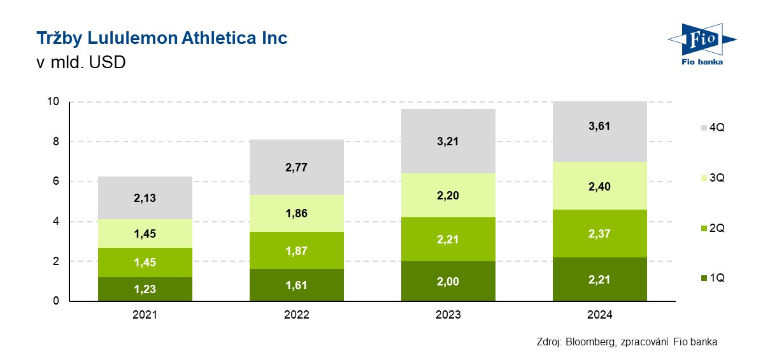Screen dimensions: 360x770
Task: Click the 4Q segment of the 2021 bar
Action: tap(145, 185)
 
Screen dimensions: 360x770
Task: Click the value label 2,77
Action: tap(297, 168)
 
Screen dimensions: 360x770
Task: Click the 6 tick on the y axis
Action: tap(56, 182)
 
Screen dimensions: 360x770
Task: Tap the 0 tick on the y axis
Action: tap(56, 301)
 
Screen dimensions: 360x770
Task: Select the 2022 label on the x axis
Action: tap(297, 315)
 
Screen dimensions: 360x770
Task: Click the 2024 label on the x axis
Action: tap(599, 315)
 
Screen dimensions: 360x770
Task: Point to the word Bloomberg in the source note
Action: tap(588, 342)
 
